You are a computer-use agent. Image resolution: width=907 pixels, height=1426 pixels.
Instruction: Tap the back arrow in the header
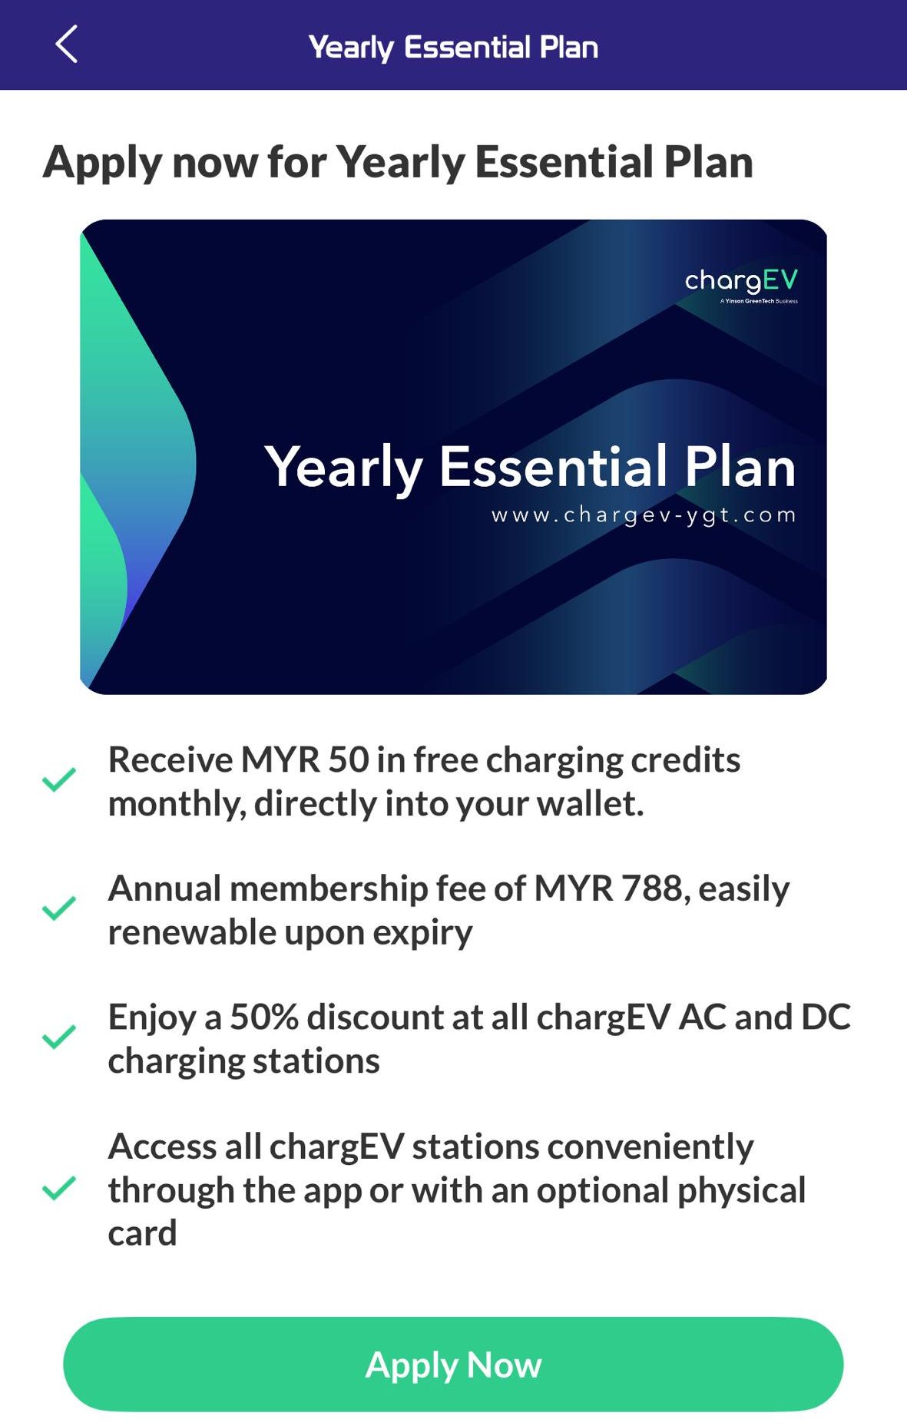click(x=67, y=45)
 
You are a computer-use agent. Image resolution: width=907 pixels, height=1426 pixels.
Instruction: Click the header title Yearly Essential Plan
click(x=453, y=47)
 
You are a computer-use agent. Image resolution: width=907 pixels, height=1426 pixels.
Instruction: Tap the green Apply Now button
click(x=453, y=1365)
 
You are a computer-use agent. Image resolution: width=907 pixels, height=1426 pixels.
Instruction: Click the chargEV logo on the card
click(x=741, y=281)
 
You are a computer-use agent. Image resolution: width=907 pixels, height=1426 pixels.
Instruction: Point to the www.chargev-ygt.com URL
click(x=644, y=514)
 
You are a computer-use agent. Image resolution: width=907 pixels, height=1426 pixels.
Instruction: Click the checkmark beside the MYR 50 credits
click(x=58, y=780)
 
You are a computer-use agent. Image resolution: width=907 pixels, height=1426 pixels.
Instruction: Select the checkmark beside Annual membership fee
click(x=58, y=908)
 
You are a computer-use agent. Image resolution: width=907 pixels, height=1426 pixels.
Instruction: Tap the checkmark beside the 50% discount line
click(x=58, y=1037)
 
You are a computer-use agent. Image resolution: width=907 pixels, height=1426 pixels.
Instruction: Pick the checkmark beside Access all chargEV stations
click(x=58, y=1188)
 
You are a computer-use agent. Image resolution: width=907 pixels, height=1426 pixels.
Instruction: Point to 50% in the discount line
click(x=263, y=1017)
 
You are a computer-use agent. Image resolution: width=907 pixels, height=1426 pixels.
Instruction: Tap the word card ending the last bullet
click(x=143, y=1233)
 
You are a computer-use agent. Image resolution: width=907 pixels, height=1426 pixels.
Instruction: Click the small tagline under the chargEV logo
click(x=759, y=301)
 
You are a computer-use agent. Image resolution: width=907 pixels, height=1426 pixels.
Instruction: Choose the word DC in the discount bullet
click(x=826, y=1017)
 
